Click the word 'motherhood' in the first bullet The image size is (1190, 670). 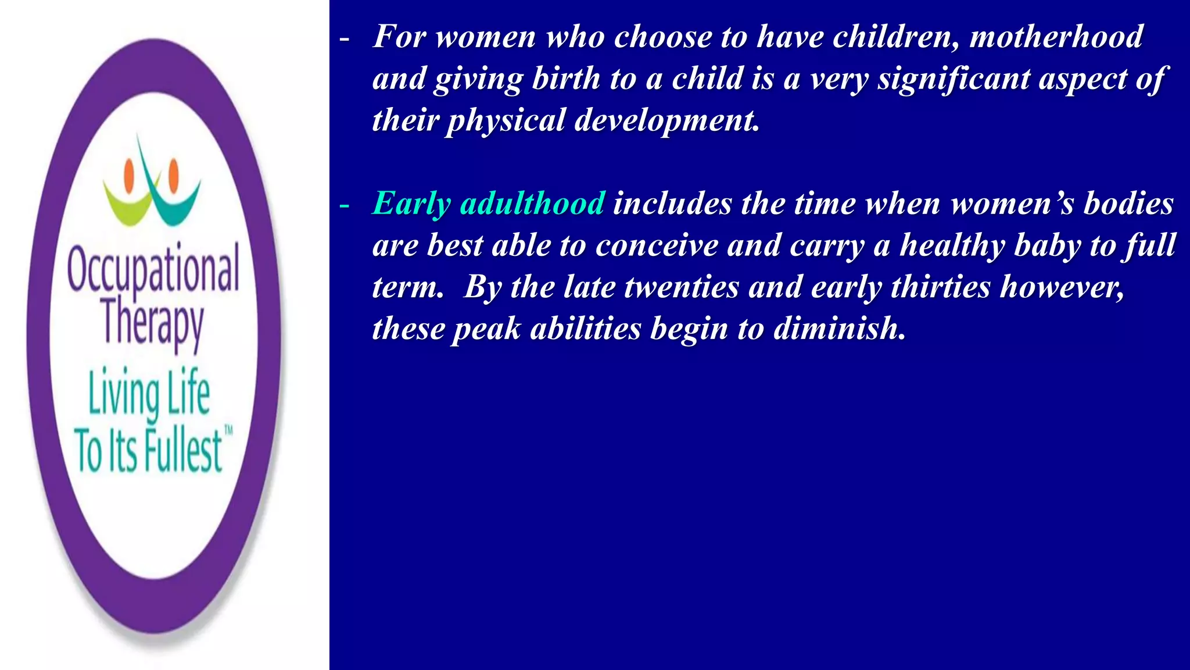point(1056,37)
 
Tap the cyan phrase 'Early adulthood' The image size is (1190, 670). point(488,204)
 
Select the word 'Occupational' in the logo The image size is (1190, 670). point(153,269)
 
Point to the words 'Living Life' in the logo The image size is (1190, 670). point(149,393)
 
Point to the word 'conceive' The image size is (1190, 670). point(657,245)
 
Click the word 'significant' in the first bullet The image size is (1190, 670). point(953,79)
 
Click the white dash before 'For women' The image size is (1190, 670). point(345,38)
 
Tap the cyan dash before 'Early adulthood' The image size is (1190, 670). point(345,205)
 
